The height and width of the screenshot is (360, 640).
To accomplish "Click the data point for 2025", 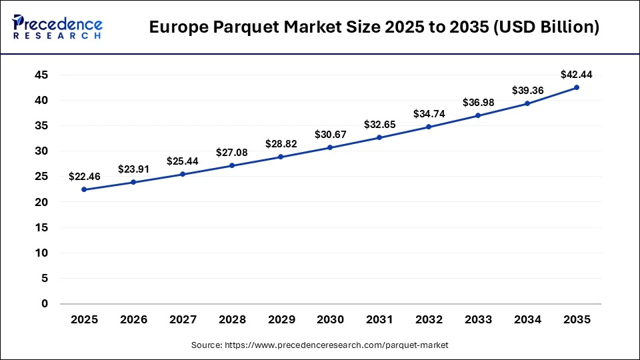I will [x=84, y=189].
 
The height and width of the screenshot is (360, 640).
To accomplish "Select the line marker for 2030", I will [x=330, y=147].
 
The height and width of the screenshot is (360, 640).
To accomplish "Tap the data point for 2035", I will [x=577, y=87].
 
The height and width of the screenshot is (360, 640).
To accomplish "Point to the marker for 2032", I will [x=429, y=127].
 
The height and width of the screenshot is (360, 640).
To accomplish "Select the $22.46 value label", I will [x=84, y=176].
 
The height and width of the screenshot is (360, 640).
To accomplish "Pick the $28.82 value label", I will [x=281, y=144].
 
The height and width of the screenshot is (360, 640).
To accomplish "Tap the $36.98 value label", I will [x=478, y=102].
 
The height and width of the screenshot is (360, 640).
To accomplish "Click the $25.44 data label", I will [x=182, y=161].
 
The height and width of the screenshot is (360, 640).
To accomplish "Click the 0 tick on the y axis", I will [x=45, y=303].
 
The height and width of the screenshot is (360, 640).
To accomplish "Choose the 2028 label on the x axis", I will [x=231, y=320].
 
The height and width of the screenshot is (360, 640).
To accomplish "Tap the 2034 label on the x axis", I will [x=527, y=320].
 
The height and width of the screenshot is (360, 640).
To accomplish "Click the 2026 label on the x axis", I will [x=133, y=320].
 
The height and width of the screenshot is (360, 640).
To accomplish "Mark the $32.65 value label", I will [x=379, y=124].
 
